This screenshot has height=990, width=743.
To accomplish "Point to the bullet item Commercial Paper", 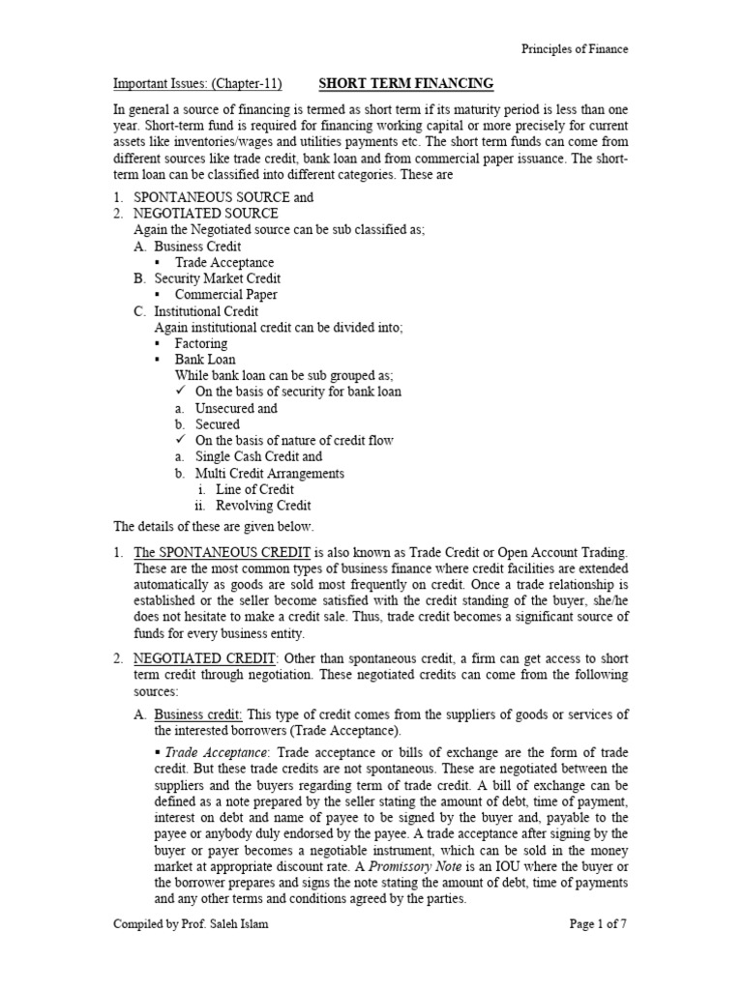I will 225,294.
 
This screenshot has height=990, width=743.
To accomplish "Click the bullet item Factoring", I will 201,343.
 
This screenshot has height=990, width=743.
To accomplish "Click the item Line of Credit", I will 254,489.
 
